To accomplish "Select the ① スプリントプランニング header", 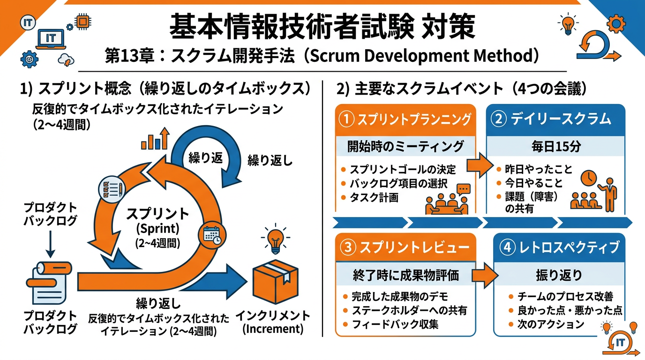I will [x=406, y=120].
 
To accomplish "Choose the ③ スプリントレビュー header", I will [x=406, y=248].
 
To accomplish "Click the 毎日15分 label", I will [x=556, y=147].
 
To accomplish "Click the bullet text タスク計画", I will [x=374, y=197].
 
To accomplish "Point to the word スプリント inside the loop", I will [x=157, y=214].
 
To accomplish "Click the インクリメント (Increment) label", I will [x=273, y=321].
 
